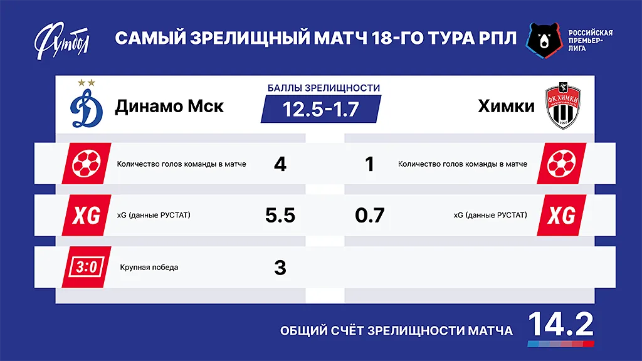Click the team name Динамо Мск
[169, 106]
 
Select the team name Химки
[506, 106]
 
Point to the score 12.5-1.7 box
[320, 109]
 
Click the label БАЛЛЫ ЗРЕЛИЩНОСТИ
[320, 88]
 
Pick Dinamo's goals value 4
[280, 164]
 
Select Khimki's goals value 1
[369, 164]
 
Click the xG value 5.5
[280, 216]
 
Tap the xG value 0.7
[369, 216]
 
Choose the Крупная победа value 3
[280, 268]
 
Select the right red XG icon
[561, 216]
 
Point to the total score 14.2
[560, 324]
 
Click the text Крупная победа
[149, 268]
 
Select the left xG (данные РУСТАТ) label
[154, 216]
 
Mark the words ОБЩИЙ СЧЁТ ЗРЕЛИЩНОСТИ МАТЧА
[396, 330]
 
